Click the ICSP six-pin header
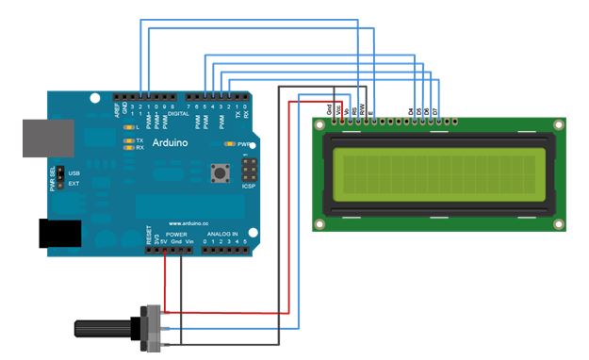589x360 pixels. coord(250,170)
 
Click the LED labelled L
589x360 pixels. coord(129,126)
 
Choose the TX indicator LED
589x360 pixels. coord(128,140)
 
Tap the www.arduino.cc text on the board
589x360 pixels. coord(194,223)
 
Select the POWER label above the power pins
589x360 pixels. coord(176,233)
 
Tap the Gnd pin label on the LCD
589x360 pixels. coord(329,111)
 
